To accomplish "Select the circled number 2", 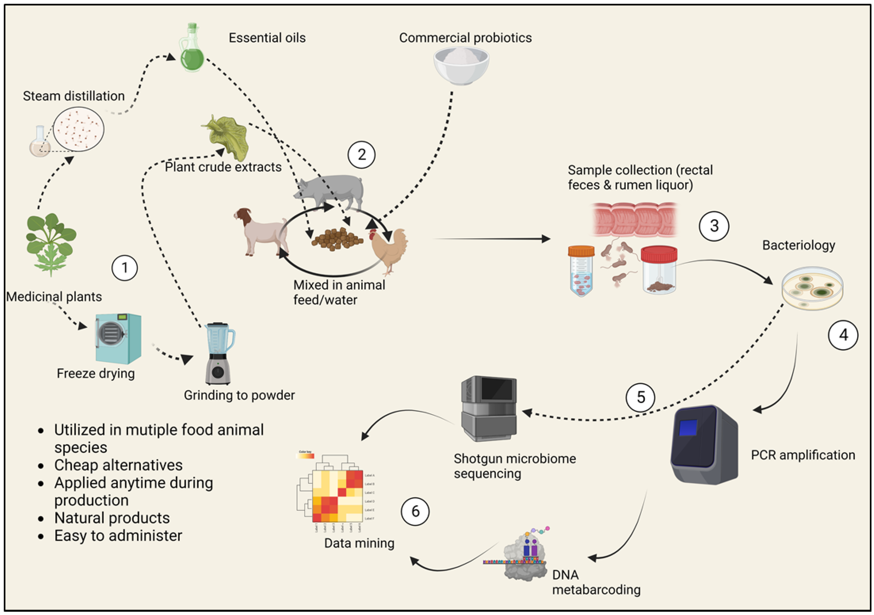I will coord(361,154).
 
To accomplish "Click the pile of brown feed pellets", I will coord(337,239).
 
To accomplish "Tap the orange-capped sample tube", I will coord(581,270).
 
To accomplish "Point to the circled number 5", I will coord(641,397).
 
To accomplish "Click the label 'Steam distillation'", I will coord(74,96).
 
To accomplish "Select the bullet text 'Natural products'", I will coord(112,518).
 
